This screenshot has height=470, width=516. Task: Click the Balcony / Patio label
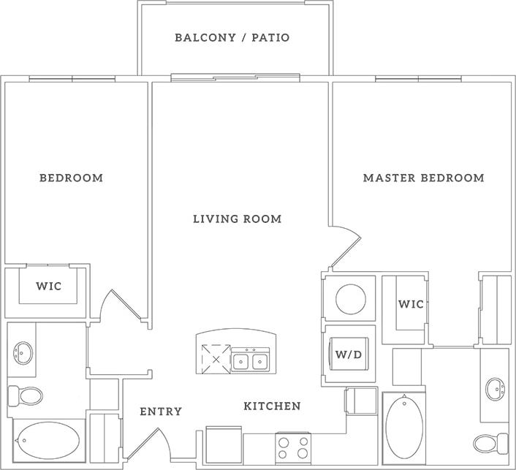pyautogui.click(x=232, y=37)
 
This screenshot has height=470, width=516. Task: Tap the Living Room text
pyautogui.click(x=238, y=219)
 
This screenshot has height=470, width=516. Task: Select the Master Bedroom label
pyautogui.click(x=424, y=178)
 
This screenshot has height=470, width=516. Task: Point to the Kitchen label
pyautogui.click(x=272, y=406)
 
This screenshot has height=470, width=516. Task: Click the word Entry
pyautogui.click(x=161, y=412)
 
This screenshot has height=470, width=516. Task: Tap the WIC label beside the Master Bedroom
pyautogui.click(x=411, y=304)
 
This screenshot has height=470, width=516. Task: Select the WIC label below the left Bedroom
pyautogui.click(x=49, y=287)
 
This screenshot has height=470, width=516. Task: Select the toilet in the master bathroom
pyautogui.click(x=490, y=442)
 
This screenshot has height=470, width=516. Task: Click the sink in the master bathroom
pyautogui.click(x=496, y=387)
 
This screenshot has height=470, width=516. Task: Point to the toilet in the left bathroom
pyautogui.click(x=26, y=396)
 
